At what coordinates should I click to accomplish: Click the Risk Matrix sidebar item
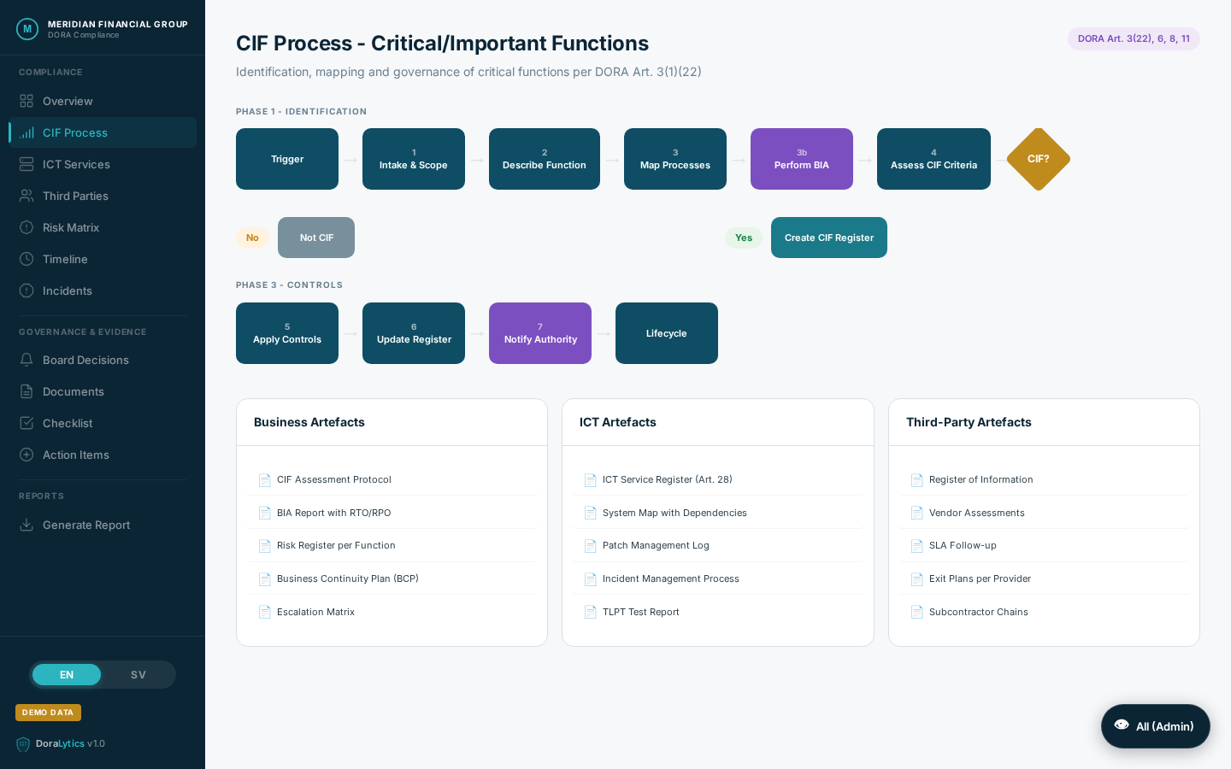tap(71, 227)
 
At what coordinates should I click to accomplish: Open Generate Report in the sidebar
tap(85, 525)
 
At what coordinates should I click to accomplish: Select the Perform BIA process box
tap(801, 159)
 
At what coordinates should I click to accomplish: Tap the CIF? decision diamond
tap(1038, 159)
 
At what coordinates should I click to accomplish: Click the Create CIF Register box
tap(828, 238)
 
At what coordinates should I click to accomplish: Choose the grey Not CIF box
tap(316, 238)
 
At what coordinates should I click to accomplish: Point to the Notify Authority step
tap(540, 333)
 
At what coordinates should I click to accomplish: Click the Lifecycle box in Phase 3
tap(666, 333)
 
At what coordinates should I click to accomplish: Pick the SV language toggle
tap(138, 675)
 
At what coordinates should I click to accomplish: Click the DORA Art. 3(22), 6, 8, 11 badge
tap(1134, 38)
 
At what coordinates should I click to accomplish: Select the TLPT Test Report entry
tap(640, 612)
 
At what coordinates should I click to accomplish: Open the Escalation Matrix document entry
tap(315, 612)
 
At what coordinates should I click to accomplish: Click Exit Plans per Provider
tap(980, 578)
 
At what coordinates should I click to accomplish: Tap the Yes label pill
tap(744, 238)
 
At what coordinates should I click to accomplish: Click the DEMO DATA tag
tap(48, 713)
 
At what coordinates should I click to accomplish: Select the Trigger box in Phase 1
tap(287, 159)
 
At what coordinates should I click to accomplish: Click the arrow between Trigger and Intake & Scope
tap(350, 160)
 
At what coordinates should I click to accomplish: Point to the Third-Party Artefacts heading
tap(969, 422)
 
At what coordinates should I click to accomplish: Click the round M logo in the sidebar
tap(27, 29)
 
